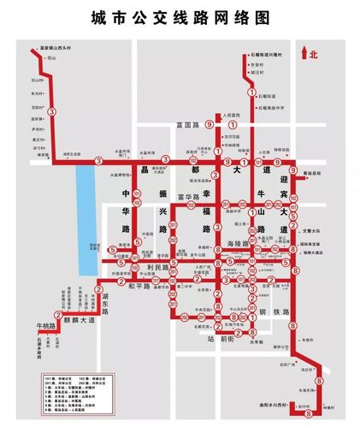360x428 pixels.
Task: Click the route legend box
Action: pyautogui.click(x=78, y=389)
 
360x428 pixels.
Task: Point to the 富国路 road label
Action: pyautogui.click(x=187, y=125)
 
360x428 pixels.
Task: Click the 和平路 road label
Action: pyautogui.click(x=143, y=288)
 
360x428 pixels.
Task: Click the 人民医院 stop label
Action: pyautogui.click(x=225, y=114)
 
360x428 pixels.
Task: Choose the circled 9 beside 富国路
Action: pyautogui.click(x=219, y=125)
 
